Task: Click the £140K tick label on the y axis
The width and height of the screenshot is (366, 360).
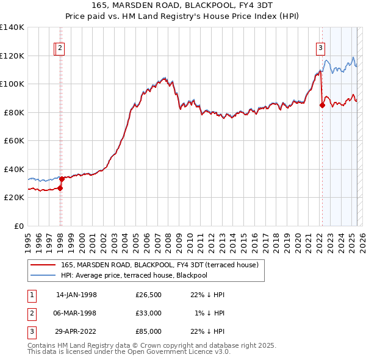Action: tap(12, 27)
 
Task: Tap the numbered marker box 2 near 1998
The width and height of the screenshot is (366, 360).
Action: tap(62, 49)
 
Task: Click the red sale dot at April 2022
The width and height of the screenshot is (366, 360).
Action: tap(322, 105)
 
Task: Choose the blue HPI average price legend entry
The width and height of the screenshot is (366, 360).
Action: tap(134, 275)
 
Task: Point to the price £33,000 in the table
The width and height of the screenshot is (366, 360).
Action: tap(149, 313)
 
